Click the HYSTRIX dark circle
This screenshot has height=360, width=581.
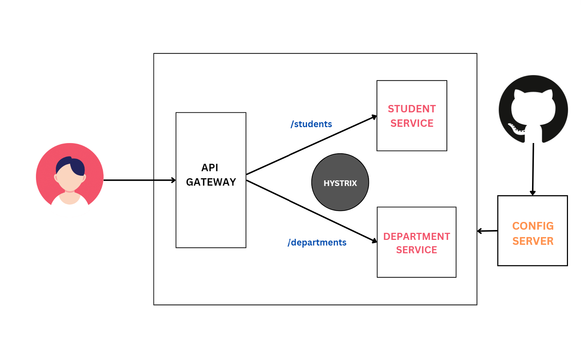tap(340, 182)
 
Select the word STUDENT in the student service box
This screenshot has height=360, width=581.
tap(412, 109)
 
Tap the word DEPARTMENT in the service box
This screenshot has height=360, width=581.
tap(416, 236)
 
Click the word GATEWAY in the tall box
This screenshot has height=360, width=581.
tap(211, 182)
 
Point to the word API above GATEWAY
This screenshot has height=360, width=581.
tap(210, 168)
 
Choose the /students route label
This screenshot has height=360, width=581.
tap(311, 124)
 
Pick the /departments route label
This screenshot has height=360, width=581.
tap(317, 242)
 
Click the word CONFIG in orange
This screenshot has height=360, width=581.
tap(533, 226)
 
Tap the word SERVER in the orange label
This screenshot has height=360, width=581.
tap(533, 241)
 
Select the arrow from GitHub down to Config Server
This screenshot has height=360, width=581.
tap(533, 169)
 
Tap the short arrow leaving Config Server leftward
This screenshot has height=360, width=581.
tap(487, 231)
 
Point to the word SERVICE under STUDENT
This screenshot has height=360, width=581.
tap(412, 123)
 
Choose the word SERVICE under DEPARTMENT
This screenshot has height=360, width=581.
tap(416, 250)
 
